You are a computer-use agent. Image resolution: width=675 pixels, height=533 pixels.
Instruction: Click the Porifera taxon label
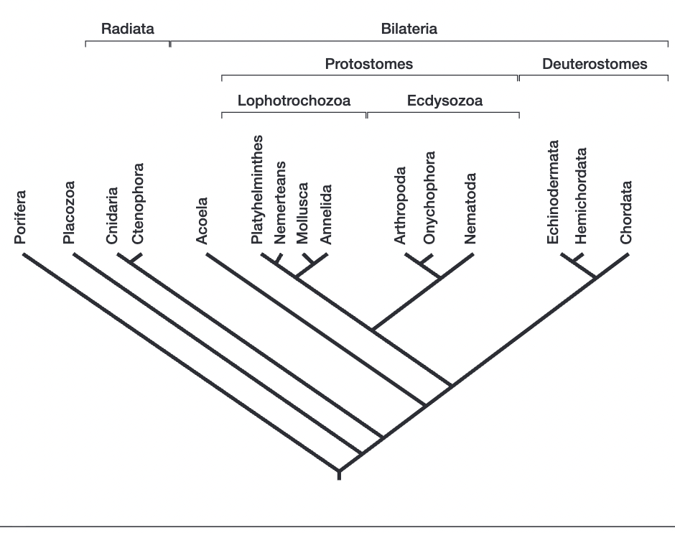point(20,218)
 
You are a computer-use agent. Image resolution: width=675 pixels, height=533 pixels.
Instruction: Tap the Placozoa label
point(69,212)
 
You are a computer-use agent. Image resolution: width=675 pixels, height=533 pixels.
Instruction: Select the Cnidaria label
point(112,215)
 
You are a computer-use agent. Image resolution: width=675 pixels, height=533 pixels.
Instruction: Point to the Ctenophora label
point(138,203)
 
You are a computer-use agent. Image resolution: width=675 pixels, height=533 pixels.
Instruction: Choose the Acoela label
point(202,221)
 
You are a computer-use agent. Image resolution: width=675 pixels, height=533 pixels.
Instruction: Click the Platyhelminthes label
point(257,190)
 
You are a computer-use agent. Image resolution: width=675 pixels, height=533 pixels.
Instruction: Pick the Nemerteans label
point(280,203)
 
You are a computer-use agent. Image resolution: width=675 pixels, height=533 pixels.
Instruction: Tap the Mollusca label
point(302,213)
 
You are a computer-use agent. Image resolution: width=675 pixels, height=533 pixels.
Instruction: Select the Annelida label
point(326,214)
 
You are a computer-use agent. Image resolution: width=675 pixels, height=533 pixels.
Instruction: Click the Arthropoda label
point(400,205)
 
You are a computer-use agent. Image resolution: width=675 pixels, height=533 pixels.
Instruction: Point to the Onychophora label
point(429,198)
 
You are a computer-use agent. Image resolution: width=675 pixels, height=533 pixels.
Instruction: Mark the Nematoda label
point(470,208)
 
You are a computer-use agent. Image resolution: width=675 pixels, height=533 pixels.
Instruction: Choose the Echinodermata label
point(553,192)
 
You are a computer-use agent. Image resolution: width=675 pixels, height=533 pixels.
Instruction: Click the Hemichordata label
point(581,196)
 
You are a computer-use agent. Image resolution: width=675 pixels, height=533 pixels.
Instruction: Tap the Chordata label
point(626,212)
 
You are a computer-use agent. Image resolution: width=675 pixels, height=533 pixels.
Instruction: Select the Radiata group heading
point(127,29)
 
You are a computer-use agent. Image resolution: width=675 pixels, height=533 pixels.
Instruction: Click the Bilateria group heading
point(409,29)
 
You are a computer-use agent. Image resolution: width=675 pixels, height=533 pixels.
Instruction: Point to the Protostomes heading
point(369,64)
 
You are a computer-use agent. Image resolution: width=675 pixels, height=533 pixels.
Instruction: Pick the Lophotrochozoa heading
point(294,101)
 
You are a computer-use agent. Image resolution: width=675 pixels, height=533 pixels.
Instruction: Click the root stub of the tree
point(339,475)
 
